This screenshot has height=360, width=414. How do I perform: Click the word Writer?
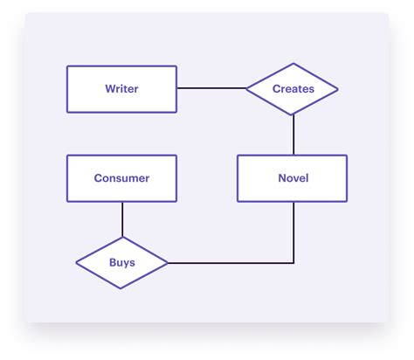pyautogui.click(x=121, y=89)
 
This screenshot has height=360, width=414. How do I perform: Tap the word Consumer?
pyautogui.click(x=121, y=178)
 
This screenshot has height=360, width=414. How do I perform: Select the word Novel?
pyautogui.click(x=293, y=178)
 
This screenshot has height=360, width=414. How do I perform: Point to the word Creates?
pyautogui.click(x=293, y=89)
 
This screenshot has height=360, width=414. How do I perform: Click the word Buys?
pyautogui.click(x=121, y=262)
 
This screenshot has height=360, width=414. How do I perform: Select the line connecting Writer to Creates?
pyautogui.click(x=211, y=89)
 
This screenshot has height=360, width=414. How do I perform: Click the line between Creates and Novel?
pyautogui.click(x=293, y=135)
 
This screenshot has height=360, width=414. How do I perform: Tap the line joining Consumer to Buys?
pyautogui.click(x=122, y=219)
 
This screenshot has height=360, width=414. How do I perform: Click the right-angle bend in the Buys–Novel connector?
pyautogui.click(x=293, y=262)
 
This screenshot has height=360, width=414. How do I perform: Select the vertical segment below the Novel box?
pyautogui.click(x=293, y=232)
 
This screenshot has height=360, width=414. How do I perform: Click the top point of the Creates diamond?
pyautogui.click(x=293, y=63)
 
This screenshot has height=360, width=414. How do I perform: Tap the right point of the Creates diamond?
pyautogui.click(x=338, y=89)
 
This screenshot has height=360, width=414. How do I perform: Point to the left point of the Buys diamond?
pyautogui.click(x=76, y=262)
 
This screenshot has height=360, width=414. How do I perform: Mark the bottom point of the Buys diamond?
pyautogui.click(x=122, y=287)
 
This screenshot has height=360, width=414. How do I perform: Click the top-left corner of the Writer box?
pyautogui.click(x=67, y=66)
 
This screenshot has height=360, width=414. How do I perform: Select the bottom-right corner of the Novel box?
pyautogui.click(x=347, y=202)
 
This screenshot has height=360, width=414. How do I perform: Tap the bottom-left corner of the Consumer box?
pyautogui.click(x=67, y=202)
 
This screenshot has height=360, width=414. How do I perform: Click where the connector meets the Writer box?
pyautogui.click(x=177, y=89)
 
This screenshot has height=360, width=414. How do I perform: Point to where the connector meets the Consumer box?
pyautogui.click(x=122, y=203)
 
